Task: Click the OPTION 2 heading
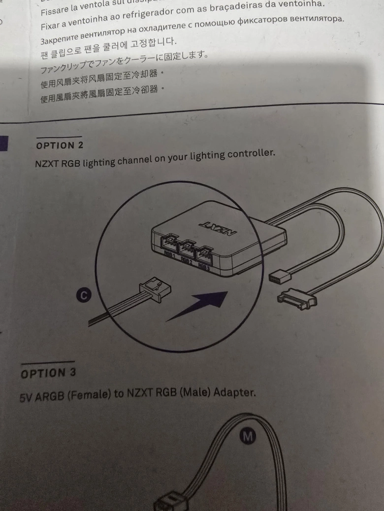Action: (x=60, y=145)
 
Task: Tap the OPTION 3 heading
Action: (x=48, y=373)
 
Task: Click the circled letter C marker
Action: (x=84, y=295)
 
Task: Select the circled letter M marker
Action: (x=248, y=437)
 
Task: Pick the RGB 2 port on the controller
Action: (x=187, y=248)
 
